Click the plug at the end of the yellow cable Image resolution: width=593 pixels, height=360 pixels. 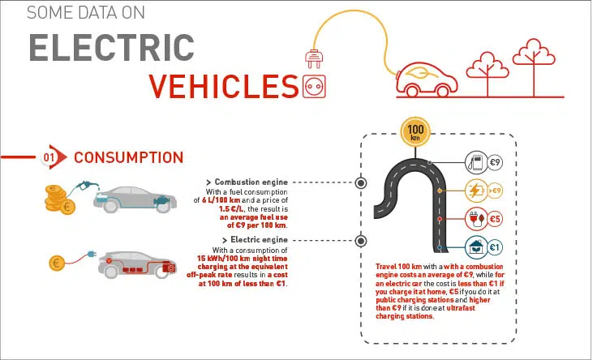(313, 59)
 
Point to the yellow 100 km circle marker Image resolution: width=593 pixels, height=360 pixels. (415, 131)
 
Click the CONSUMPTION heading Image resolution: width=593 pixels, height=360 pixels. (128, 157)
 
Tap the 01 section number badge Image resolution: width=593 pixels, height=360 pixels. (49, 157)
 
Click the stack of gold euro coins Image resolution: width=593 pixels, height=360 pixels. (59, 199)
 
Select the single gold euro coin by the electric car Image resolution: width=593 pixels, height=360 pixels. (58, 263)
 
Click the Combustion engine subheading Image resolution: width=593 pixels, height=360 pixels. (249, 182)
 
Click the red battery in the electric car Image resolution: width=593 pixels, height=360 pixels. (170, 267)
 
